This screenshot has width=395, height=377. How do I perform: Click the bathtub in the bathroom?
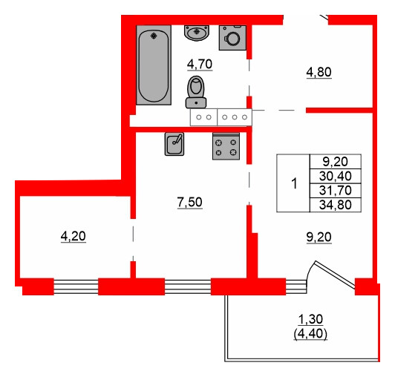tap(153, 65)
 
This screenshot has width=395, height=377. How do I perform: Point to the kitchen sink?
tap(175, 143)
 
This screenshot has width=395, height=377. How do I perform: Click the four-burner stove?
tap(226, 147)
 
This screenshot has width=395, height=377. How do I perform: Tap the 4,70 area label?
tap(199, 64)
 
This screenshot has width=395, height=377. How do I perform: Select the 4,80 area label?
tap(320, 73)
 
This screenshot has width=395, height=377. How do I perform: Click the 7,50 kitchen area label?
tap(189, 200)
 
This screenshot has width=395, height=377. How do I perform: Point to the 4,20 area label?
tap(73, 237)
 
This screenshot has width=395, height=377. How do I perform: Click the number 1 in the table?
tap(294, 183)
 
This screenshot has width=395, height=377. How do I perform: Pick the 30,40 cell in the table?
tap(336, 176)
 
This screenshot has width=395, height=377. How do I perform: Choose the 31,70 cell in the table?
tap(336, 191)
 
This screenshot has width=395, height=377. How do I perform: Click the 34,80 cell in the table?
tap(336, 205)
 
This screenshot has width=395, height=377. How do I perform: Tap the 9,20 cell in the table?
tap(336, 161)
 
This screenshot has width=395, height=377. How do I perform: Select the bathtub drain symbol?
tap(154, 35)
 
